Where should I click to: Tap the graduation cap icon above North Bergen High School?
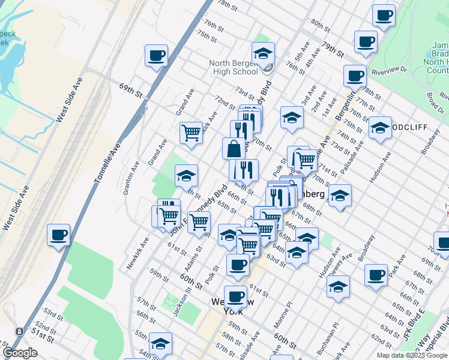click(263, 54)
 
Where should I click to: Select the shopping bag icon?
click(234, 148)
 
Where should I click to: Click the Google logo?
click(20, 353)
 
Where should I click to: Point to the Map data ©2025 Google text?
click(411, 355)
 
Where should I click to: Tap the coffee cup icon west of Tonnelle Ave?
click(58, 235)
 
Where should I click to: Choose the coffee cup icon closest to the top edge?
click(383, 15)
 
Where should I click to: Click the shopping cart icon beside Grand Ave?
click(191, 132)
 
